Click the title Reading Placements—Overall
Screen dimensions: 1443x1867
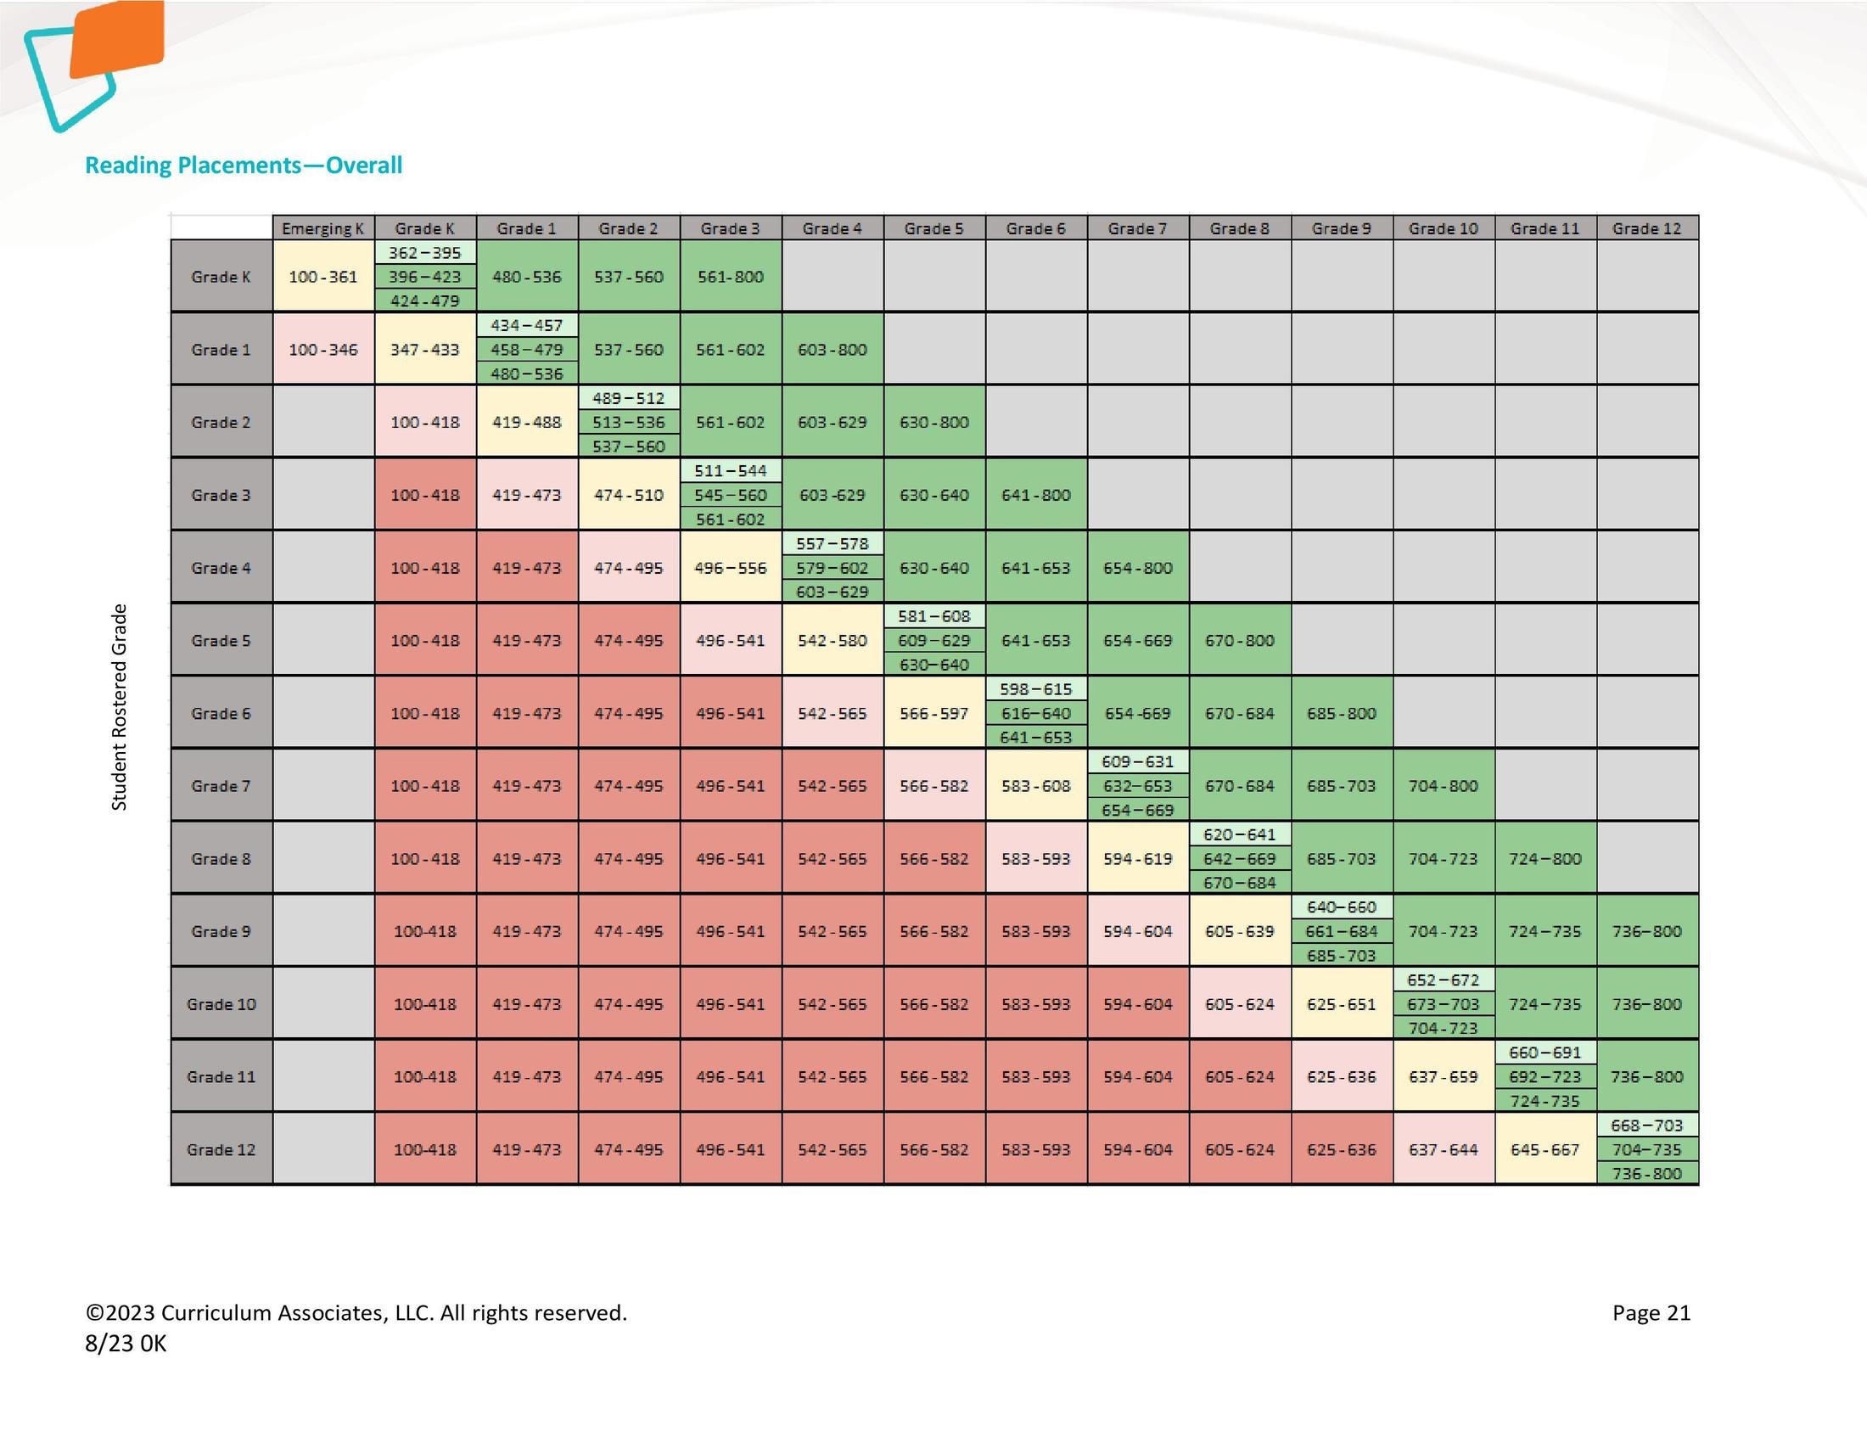[244, 165]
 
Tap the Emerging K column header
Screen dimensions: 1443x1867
[323, 228]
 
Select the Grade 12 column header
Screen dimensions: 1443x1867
[1646, 228]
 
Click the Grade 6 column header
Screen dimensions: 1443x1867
[1035, 228]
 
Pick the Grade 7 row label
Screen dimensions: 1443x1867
[221, 786]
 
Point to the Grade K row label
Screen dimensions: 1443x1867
[221, 277]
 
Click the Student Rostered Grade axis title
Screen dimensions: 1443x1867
[120, 707]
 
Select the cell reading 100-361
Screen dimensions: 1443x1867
[323, 277]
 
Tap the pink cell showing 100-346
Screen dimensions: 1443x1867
[323, 350]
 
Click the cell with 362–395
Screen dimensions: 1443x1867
[425, 253]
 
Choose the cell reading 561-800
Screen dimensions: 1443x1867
[730, 277]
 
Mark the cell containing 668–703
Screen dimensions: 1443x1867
[1646, 1126]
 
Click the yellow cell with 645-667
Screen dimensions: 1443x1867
[1545, 1150]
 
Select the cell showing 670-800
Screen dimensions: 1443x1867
[1240, 640]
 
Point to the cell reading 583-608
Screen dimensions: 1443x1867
[1035, 786]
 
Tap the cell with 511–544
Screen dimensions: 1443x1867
[730, 471]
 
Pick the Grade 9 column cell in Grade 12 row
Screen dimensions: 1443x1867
[1341, 1150]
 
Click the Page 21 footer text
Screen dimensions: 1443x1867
[1651, 1313]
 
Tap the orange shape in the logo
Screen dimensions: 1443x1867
[118, 38]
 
